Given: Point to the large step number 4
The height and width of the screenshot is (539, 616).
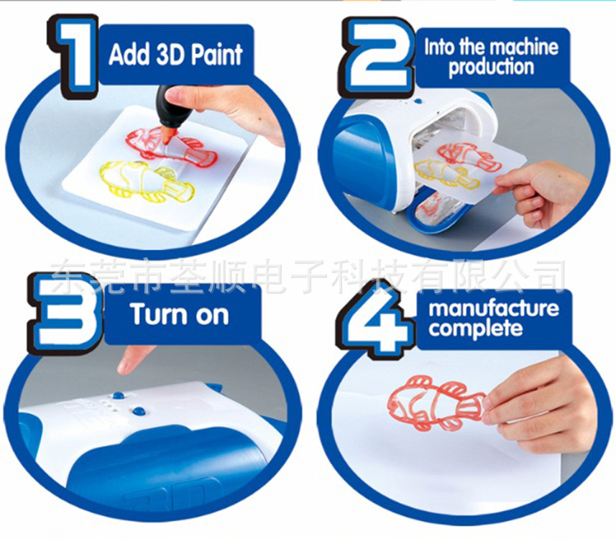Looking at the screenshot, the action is [x=376, y=321].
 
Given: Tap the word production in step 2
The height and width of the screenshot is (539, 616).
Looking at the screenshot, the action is [x=491, y=67].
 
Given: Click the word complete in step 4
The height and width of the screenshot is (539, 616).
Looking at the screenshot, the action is [x=475, y=328].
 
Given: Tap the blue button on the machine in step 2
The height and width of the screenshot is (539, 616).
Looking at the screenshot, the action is [x=418, y=101].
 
